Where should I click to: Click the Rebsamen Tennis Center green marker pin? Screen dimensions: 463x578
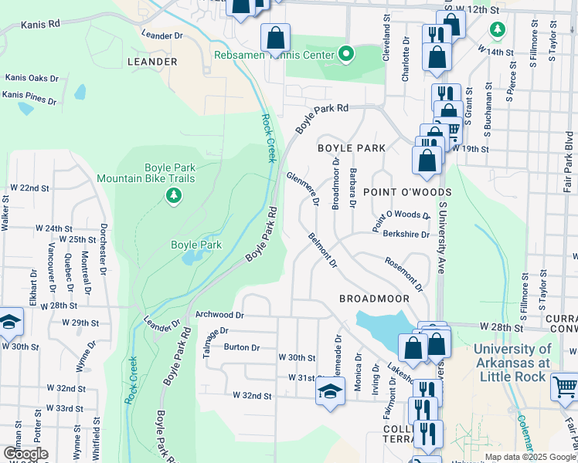tap(346, 55)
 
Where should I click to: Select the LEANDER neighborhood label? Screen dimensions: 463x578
tap(151, 61)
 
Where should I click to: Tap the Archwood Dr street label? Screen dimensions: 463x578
tap(219, 315)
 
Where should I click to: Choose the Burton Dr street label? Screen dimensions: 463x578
tap(242, 346)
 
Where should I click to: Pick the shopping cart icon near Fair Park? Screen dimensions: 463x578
tap(564, 385)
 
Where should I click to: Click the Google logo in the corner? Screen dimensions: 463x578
tap(25, 454)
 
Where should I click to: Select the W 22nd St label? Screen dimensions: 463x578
tap(29, 188)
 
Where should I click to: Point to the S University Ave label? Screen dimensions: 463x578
tap(443, 239)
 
